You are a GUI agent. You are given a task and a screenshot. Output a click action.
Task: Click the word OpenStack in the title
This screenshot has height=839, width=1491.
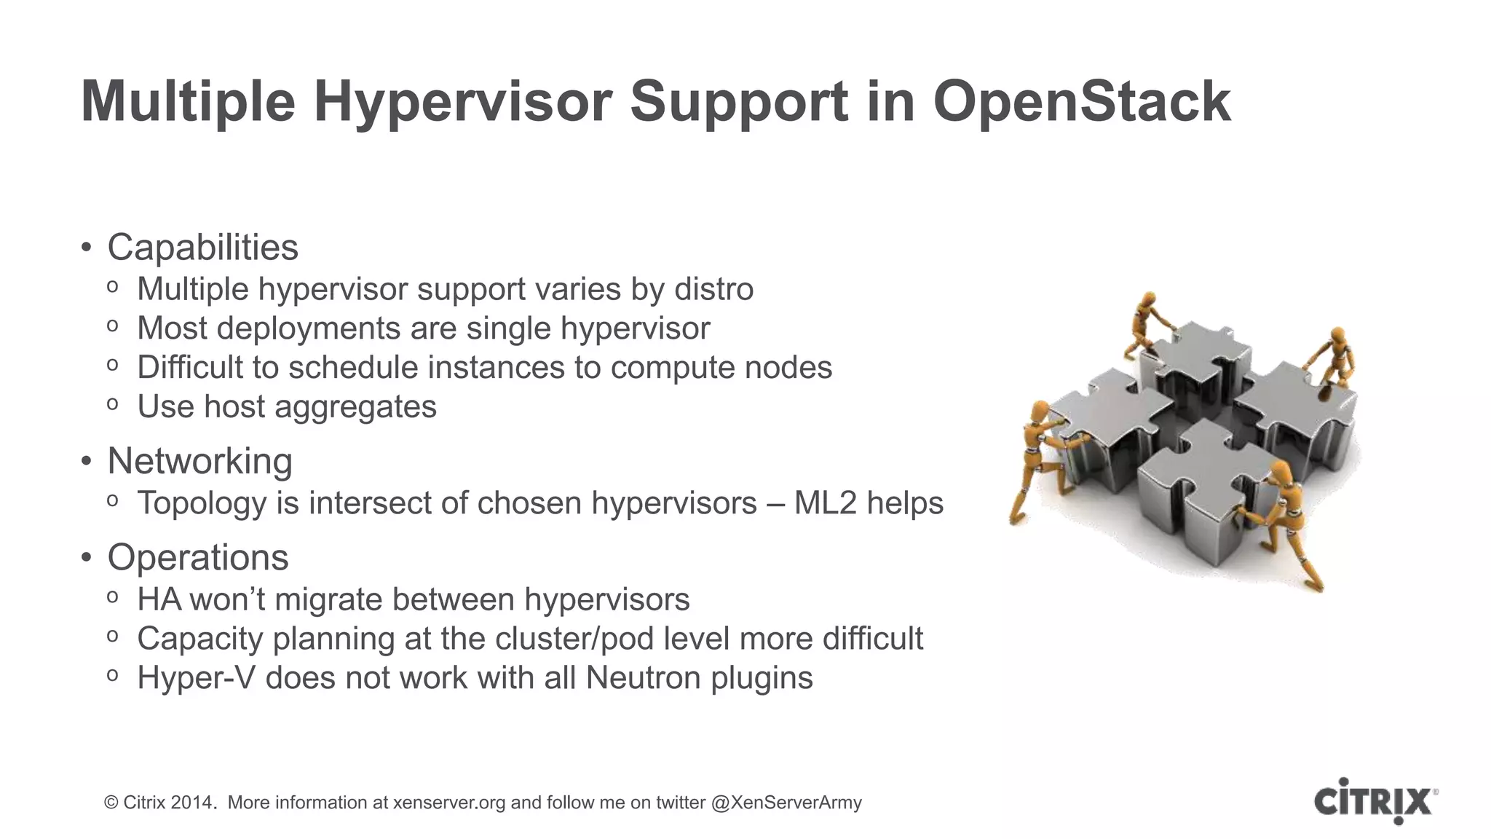click(x=1082, y=102)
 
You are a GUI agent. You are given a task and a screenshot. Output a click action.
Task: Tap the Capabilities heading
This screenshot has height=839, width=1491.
click(x=202, y=248)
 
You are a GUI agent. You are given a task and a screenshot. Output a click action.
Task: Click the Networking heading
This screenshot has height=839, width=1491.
click(x=199, y=461)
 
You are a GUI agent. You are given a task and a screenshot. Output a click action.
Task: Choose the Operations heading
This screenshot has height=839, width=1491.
click(x=197, y=558)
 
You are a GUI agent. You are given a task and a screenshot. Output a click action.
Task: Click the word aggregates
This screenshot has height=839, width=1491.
click(x=355, y=407)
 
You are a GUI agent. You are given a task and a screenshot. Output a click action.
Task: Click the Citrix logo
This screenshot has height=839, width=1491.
click(x=1375, y=801)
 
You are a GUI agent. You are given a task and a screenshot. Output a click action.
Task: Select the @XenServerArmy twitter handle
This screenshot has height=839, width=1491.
click(x=786, y=803)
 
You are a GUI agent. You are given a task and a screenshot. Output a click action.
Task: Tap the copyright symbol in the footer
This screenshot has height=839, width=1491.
click(x=111, y=803)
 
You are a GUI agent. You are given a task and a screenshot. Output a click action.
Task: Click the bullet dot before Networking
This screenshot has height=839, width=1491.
click(x=87, y=462)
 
